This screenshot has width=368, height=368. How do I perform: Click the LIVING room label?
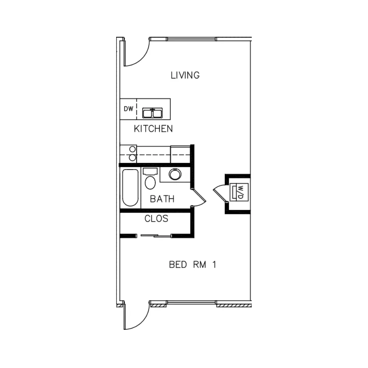click(185, 75)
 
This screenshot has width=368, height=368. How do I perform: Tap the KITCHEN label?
click(153, 129)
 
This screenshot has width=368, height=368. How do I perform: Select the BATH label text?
click(162, 199)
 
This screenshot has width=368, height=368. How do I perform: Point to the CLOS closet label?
click(156, 219)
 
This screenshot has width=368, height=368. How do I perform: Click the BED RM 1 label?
click(193, 265)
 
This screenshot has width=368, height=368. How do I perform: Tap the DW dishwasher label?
click(128, 109)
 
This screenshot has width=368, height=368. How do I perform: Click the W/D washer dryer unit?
click(239, 192)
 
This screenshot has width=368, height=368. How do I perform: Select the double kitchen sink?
click(152, 113)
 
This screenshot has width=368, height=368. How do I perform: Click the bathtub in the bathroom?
click(130, 188)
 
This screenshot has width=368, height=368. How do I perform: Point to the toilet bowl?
click(150, 183)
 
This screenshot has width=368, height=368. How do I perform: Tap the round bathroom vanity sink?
click(175, 174)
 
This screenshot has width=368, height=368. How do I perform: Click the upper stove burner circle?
click(132, 149)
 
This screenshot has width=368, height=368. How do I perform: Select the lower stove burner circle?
click(132, 157)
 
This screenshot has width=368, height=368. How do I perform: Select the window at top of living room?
click(191, 39)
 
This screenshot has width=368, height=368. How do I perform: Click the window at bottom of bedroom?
click(191, 303)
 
